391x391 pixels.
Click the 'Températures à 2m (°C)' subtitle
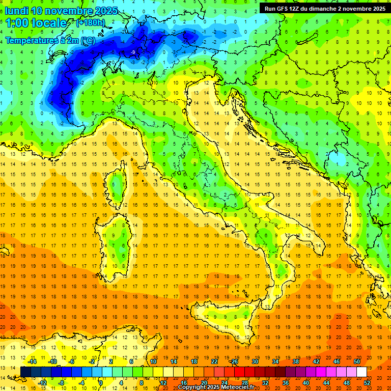click(x=49, y=40)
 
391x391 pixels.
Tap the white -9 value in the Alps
click(x=132, y=52)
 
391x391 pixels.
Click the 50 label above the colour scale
click(x=356, y=361)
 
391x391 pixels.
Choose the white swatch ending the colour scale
click(x=361, y=372)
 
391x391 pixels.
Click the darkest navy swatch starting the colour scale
click(x=25, y=372)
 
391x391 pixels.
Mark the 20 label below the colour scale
click(x=204, y=383)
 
